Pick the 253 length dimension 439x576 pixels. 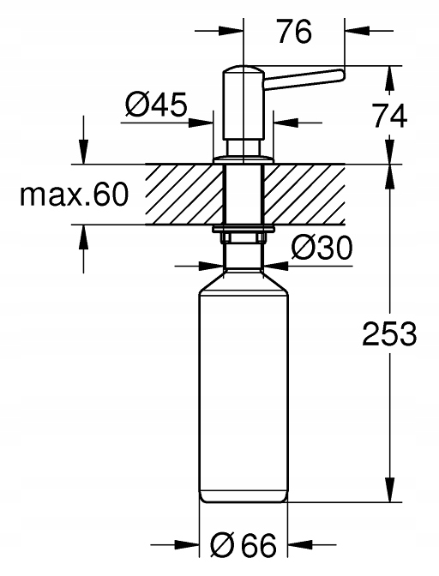click(390, 334)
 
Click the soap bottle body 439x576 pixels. click(244, 394)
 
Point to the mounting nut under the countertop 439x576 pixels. click(244, 232)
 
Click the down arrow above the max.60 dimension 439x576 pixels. click(83, 153)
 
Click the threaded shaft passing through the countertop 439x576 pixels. click(244, 195)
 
